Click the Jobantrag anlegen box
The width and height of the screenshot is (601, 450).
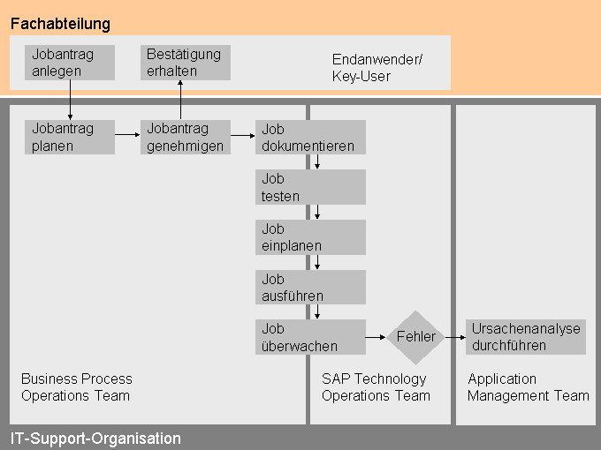69,63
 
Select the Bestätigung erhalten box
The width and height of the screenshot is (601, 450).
185,63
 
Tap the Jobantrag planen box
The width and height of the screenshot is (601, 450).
69,137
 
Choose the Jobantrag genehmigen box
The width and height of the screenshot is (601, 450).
185,137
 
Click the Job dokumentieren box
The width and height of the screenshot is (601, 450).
310,137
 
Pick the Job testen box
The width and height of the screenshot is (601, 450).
310,187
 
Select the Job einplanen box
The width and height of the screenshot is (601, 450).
310,236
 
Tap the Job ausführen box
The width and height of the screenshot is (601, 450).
310,287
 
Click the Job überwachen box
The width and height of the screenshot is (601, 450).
310,337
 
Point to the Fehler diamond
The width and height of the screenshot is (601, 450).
415,337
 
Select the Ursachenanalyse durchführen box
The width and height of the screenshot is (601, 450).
526,337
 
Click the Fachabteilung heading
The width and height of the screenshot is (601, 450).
60,24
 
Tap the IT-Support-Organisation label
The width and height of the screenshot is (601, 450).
95,439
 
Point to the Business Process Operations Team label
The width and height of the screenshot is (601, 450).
76,387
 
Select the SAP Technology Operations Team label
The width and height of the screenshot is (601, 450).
376,387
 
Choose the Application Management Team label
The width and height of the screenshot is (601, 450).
528,387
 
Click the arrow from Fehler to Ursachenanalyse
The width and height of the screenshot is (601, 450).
455,337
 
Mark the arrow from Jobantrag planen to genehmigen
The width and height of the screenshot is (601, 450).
127,135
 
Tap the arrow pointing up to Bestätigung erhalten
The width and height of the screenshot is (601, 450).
180,100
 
